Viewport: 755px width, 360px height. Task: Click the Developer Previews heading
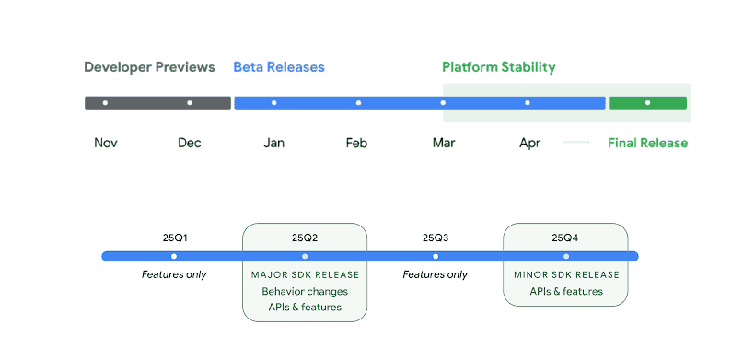pos(149,67)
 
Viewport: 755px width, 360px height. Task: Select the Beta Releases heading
pos(279,67)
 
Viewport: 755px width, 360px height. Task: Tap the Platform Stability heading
pos(499,67)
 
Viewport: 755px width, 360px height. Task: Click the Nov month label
pos(106,143)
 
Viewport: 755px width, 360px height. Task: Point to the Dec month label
pos(190,143)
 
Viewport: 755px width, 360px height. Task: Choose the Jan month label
pos(273,143)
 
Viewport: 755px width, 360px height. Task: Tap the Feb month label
pos(357,143)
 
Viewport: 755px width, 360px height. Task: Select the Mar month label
pos(444,143)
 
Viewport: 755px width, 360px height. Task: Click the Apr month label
pos(529,143)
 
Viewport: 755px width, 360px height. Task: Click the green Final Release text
pos(647,143)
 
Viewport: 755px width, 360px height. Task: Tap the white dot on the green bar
pos(647,102)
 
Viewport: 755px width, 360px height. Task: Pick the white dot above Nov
pos(105,102)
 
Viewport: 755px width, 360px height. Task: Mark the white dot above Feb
pos(358,102)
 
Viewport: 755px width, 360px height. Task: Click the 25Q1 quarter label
pos(174,238)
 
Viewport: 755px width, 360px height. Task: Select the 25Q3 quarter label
pos(436,238)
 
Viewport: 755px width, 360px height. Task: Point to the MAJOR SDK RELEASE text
pos(305,274)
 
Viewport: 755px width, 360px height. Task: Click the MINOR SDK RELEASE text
pos(566,274)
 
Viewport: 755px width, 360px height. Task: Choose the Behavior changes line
pos(305,291)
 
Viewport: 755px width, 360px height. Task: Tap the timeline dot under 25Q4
pos(566,256)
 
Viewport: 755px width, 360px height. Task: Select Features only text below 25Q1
pos(174,274)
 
